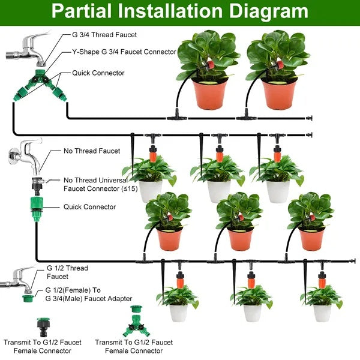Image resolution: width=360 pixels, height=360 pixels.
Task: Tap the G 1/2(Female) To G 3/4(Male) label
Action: click(x=88, y=293)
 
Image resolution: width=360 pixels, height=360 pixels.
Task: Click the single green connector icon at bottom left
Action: click(x=44, y=326)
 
